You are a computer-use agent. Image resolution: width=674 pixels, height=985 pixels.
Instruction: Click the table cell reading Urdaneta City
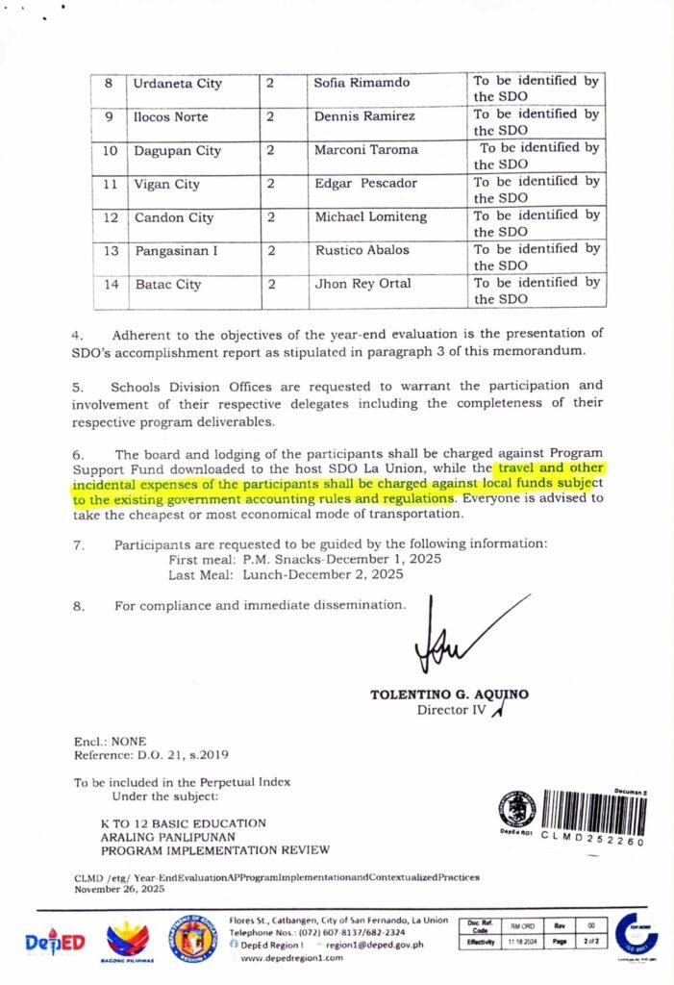point(178,84)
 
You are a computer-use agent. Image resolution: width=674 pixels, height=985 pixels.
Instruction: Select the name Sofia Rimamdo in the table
point(362,83)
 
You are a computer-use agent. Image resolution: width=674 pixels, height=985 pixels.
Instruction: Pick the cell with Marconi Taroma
point(366,150)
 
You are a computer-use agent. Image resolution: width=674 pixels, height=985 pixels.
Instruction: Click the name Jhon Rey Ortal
point(362,284)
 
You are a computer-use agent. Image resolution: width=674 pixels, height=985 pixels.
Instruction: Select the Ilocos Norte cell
point(171,117)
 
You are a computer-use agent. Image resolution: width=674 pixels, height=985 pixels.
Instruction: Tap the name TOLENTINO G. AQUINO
point(449,695)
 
